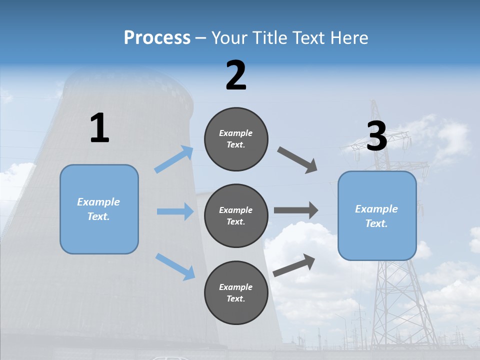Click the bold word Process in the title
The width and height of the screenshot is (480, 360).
157,38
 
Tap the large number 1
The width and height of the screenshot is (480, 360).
99,128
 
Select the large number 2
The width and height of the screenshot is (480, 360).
236,75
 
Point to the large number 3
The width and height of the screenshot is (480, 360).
377,137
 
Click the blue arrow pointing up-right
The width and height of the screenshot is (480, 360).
174,159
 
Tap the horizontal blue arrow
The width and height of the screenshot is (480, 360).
175,211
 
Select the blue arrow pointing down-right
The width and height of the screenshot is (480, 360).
175,266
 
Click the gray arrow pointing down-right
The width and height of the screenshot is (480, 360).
297,160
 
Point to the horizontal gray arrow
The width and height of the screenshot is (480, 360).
296,210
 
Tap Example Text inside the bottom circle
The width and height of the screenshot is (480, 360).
236,293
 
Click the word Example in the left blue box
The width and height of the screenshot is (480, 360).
98,202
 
